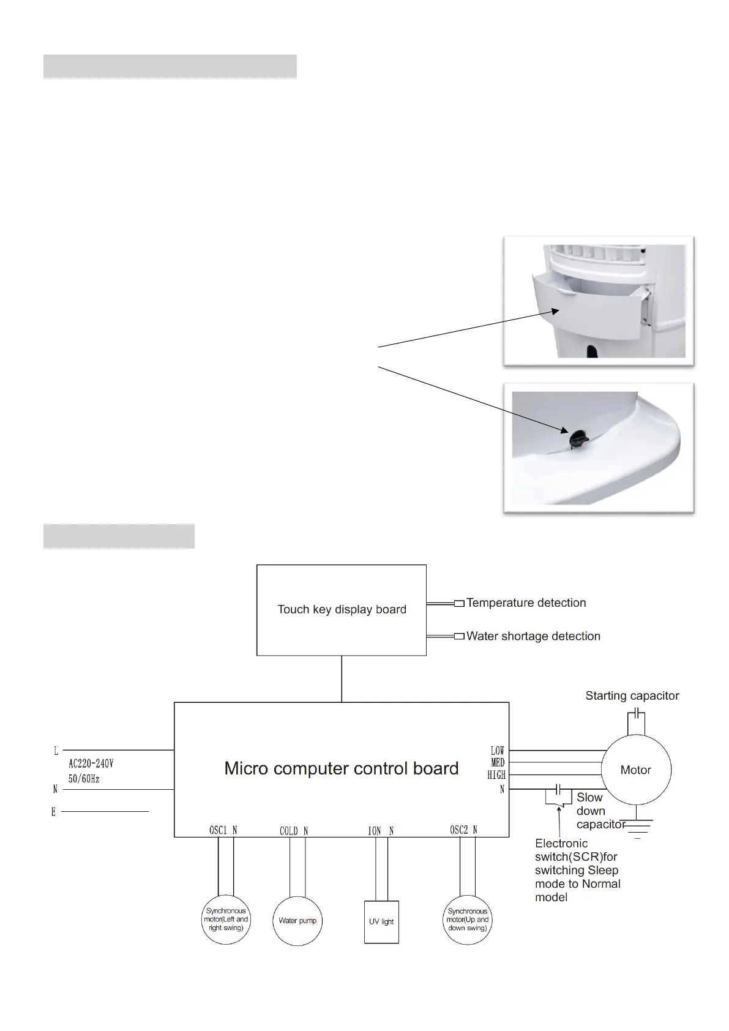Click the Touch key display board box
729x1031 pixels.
(341, 610)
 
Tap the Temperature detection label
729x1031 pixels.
(526, 603)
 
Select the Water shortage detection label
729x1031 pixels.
(533, 636)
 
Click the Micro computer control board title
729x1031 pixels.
(341, 769)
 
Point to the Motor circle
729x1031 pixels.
(635, 770)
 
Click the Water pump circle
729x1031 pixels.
(297, 921)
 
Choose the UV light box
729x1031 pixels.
(381, 921)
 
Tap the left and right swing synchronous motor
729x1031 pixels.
(226, 920)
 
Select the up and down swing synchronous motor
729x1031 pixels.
(468, 920)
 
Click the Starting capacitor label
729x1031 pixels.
(632, 696)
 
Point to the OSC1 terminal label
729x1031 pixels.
(218, 831)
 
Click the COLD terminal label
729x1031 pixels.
(288, 831)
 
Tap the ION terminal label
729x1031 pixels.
(375, 831)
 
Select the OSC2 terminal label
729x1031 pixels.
(458, 830)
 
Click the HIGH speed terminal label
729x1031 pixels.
(496, 775)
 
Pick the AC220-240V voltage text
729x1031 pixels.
(91, 764)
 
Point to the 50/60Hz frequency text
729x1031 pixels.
(84, 779)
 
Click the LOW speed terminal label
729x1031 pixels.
(498, 751)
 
